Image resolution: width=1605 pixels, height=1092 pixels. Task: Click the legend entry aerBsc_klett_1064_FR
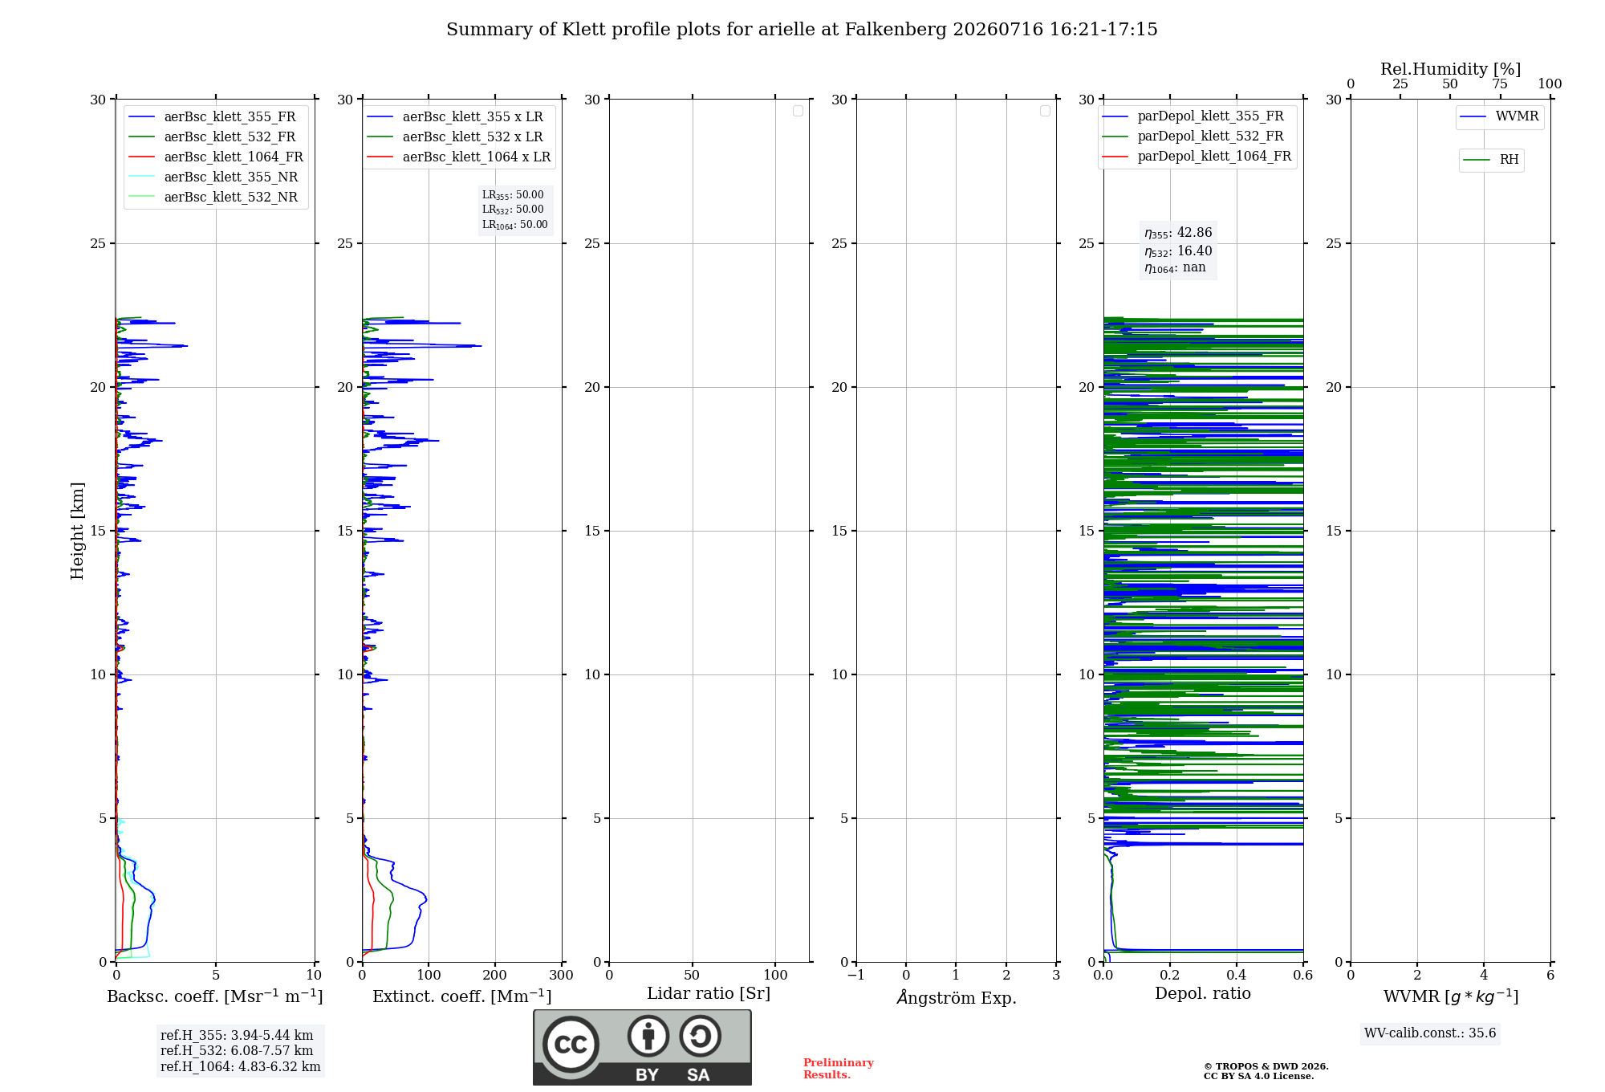pos(215,157)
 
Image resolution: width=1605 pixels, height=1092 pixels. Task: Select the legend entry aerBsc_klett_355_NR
pos(213,177)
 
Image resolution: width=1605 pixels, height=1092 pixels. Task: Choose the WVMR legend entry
pos(1499,116)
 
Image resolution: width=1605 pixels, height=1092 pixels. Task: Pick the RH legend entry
pos(1491,160)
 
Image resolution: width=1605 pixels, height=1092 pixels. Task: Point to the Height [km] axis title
pos(77,531)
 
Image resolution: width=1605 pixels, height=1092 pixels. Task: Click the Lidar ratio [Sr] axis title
pos(709,993)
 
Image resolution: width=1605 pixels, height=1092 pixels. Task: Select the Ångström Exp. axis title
pos(957,997)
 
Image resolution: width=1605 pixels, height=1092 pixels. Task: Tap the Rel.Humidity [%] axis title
pos(1451,69)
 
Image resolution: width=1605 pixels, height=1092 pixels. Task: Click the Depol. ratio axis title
pos(1203,993)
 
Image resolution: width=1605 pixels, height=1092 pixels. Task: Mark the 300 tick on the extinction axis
pos(561,975)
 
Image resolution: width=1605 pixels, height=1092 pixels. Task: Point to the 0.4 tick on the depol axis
pos(1237,975)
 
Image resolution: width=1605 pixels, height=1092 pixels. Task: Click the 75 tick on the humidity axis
pos(1500,84)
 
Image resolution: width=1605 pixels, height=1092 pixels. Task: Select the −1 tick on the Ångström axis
pos(856,975)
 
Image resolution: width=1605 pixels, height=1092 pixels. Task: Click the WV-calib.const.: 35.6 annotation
pos(1430,1033)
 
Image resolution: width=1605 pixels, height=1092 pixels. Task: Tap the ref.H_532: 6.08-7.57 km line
pos(237,1050)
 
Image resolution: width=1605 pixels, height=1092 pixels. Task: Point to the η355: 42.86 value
pos(1178,233)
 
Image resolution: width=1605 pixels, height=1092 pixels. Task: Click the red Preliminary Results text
pos(839,1069)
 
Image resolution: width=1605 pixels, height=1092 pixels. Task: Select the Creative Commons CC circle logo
pos(571,1045)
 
